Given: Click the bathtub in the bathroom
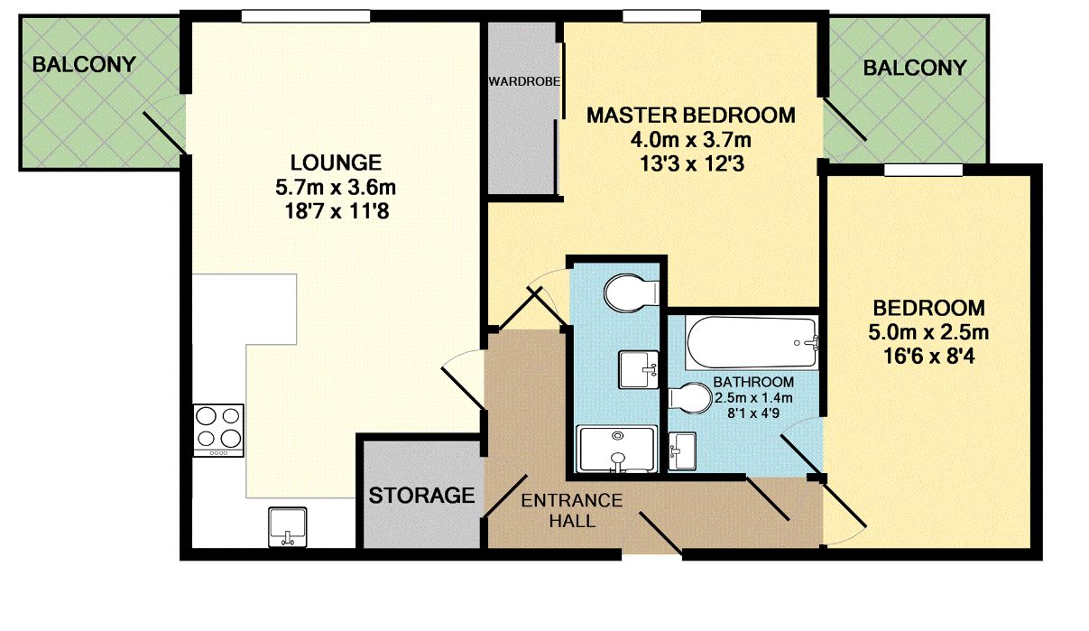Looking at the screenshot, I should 752,343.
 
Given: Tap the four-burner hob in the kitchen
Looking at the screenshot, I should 218,428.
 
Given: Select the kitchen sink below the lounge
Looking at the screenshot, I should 288,525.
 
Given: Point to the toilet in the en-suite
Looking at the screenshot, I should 631,292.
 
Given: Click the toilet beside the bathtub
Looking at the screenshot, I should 691,398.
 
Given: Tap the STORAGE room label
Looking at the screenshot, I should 421,495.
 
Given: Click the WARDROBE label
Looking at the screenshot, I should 524,81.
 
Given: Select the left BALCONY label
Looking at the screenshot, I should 84,65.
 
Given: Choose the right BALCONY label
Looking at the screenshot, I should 914,68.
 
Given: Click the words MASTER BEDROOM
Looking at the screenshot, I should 691,116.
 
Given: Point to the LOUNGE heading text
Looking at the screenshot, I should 336,163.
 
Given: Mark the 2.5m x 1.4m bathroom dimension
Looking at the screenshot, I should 753,398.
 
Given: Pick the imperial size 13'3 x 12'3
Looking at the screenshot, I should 692,165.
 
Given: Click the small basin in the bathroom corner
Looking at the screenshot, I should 682,450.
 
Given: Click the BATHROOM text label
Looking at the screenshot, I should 753,382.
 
